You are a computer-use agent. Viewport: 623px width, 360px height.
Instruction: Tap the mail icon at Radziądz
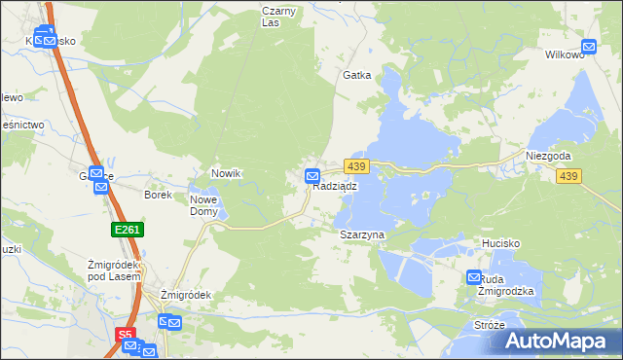click(312, 176)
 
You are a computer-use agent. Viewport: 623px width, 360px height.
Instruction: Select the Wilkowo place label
click(565, 54)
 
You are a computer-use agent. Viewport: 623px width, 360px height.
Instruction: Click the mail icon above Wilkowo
click(589, 46)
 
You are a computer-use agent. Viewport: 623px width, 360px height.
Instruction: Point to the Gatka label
click(356, 75)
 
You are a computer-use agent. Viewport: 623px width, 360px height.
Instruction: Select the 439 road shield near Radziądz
click(356, 168)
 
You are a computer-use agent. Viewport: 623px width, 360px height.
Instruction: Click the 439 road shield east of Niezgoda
click(569, 175)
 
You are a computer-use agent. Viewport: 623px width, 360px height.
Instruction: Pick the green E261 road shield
click(122, 230)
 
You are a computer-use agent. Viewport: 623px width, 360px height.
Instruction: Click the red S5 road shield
click(125, 335)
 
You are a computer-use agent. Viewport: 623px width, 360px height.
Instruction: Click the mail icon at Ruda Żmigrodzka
click(474, 276)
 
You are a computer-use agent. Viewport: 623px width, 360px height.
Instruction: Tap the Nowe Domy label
click(203, 204)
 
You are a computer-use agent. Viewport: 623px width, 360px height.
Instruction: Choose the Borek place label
click(158, 195)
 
